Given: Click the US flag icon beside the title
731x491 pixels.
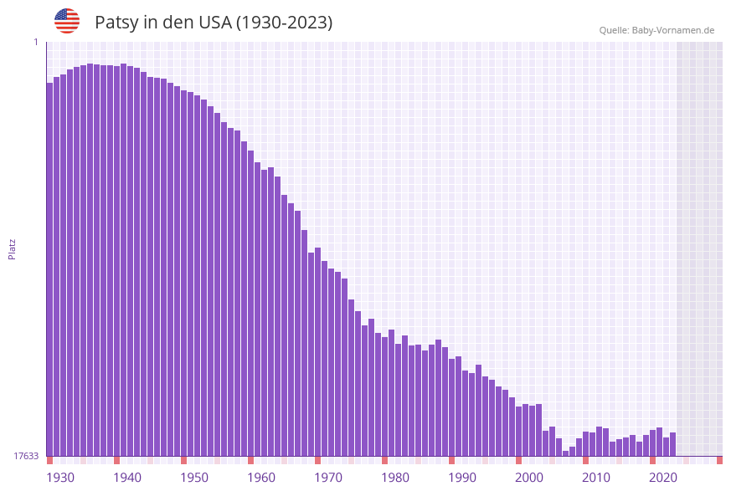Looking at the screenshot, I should tap(67, 21).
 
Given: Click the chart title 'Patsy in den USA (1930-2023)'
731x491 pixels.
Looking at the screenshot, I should tap(214, 23).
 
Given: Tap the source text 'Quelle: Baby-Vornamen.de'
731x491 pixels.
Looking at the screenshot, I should tap(656, 30).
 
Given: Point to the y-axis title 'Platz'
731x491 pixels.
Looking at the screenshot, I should tap(13, 248).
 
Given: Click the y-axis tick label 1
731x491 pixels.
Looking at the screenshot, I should tap(36, 42).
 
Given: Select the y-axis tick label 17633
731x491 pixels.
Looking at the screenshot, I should tap(26, 456).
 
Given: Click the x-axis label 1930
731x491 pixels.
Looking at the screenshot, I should tap(59, 477).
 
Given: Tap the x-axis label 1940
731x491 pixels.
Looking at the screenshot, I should tap(127, 477).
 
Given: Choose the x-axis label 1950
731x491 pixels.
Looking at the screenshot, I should tap(194, 477).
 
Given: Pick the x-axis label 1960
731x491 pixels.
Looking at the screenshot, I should tap(261, 477).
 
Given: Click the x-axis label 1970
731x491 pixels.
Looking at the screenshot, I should tap(328, 477).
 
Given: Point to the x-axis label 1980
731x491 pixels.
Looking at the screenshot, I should tap(395, 477).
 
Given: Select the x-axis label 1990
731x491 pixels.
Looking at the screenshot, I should tap(462, 477).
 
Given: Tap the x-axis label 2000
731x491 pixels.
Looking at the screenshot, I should tap(529, 477).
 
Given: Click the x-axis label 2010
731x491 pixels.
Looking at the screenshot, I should tap(596, 477).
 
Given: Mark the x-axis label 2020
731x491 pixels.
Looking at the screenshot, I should tap(663, 477).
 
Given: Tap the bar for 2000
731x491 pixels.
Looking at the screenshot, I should tap(519, 431).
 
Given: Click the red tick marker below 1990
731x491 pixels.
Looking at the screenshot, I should tap(452, 460).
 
